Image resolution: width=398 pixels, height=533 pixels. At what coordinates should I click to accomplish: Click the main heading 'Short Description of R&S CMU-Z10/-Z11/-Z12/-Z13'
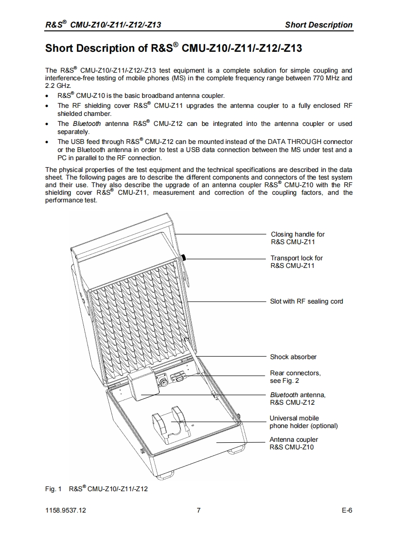(173, 48)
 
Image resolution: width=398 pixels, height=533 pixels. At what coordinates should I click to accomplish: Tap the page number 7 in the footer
(198, 511)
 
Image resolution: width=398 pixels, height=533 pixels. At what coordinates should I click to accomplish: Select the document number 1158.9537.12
(66, 511)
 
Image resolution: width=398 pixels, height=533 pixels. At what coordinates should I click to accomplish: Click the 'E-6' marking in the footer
(347, 511)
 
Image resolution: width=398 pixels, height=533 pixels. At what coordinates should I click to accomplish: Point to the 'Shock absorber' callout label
(293, 357)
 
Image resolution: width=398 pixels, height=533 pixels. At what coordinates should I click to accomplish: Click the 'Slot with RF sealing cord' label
(306, 301)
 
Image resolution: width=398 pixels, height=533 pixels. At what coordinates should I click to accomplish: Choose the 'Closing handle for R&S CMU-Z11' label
(298, 238)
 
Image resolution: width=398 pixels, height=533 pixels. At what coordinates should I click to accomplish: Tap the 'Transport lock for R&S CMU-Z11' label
(296, 262)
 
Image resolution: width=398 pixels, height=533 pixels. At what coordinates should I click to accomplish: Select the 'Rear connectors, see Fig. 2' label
(295, 377)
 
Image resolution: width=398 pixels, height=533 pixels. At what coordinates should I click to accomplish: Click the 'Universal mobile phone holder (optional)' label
(303, 422)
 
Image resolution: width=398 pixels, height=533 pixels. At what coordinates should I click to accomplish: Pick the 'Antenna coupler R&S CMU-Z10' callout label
(293, 443)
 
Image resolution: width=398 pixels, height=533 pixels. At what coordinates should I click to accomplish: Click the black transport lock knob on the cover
(184, 258)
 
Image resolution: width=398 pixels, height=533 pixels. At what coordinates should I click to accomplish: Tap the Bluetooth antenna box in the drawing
(142, 384)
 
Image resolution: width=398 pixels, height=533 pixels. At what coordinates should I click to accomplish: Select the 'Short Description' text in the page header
(319, 25)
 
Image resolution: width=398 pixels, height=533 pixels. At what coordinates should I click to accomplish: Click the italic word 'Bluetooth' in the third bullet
(87, 124)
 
